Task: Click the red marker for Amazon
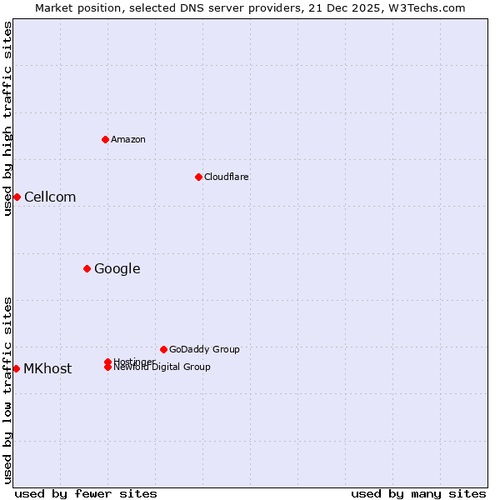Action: coord(105,139)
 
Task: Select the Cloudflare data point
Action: coord(198,177)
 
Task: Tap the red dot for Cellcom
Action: coord(17,197)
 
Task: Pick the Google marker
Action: coord(87,268)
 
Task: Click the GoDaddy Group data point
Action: coord(163,349)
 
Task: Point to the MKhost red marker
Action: coord(17,368)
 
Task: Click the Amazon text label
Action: coord(128,139)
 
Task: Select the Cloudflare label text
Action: coord(227,177)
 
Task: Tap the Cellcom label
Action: coord(50,197)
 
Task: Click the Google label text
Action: coord(117,268)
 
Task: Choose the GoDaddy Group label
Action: coord(204,349)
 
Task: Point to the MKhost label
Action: coord(47,368)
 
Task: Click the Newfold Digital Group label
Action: coord(162,367)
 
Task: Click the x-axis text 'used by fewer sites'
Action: coord(86,493)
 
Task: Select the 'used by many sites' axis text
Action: coord(418,493)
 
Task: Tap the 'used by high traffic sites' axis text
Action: coord(7,118)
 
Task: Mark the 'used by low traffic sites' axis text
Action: coord(7,390)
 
